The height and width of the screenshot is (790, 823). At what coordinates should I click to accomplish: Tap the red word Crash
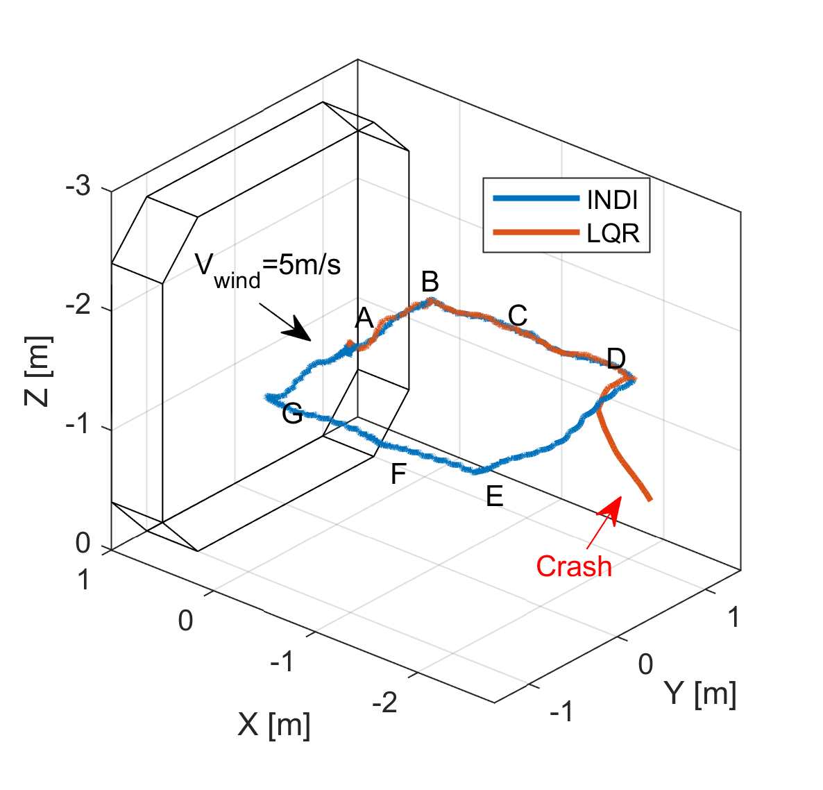coord(574,566)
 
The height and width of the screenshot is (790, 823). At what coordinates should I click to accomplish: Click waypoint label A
coord(364,319)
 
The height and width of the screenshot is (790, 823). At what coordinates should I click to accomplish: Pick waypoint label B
coord(430,282)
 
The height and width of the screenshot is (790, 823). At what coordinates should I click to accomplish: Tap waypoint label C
coord(518,315)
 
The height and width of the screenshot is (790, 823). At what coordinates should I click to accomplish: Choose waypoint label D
coord(616,359)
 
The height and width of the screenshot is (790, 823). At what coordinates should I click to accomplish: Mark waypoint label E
coord(494,496)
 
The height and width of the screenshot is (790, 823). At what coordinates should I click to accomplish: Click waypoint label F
coord(398,475)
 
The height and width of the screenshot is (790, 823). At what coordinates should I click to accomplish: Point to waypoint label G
coord(292,414)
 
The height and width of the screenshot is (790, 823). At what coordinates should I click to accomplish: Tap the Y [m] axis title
coord(699,693)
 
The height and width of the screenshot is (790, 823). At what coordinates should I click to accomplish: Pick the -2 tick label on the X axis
coord(385,703)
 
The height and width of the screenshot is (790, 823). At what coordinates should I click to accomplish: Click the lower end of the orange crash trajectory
coord(650,498)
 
